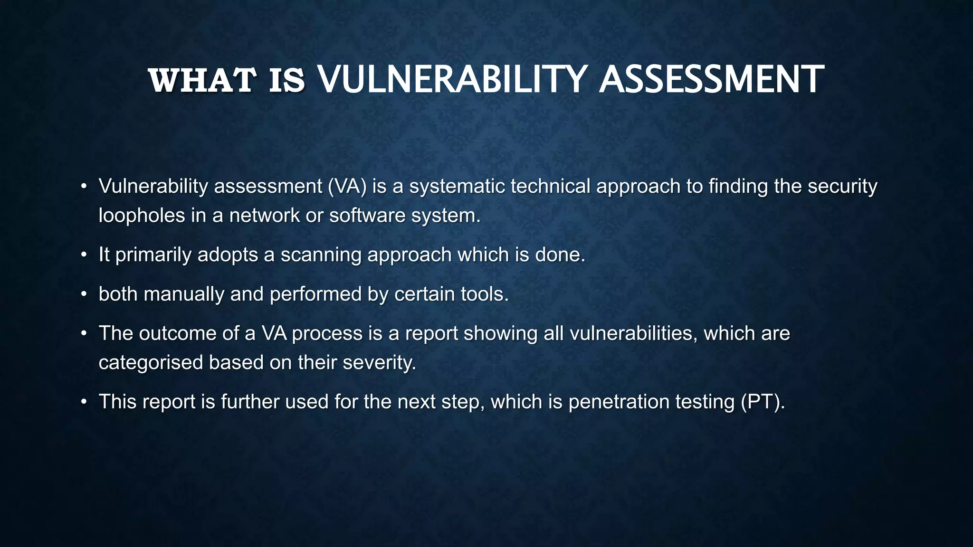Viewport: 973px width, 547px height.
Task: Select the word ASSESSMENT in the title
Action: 711,79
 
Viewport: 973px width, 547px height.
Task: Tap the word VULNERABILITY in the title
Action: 451,79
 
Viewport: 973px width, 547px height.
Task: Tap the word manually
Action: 183,294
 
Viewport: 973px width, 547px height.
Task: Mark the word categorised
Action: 151,363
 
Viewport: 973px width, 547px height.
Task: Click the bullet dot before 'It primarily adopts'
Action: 84,255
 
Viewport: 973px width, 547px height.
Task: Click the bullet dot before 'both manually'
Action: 84,295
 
